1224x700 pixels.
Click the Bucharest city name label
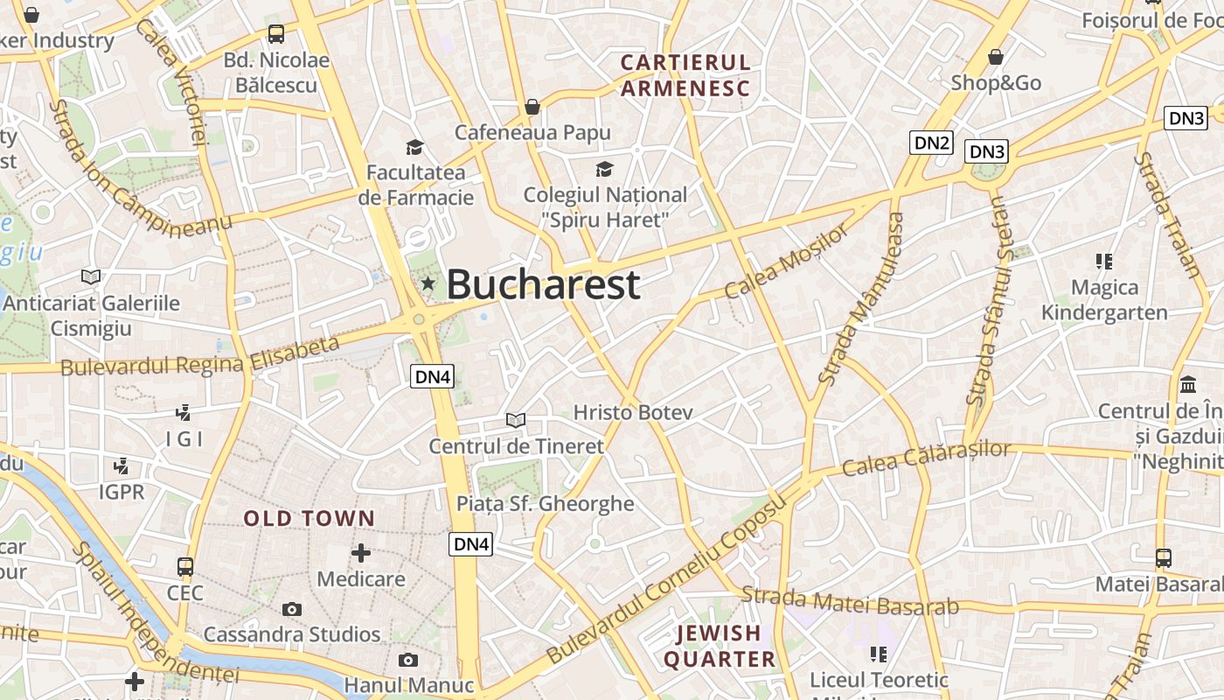(x=544, y=284)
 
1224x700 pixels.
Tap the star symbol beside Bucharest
(x=428, y=283)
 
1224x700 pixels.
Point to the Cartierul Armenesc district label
(x=685, y=75)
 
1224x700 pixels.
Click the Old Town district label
(x=309, y=519)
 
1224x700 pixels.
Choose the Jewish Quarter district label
(x=720, y=646)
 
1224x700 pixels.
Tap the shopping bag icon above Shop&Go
(x=995, y=58)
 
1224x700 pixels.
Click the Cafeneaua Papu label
(x=532, y=132)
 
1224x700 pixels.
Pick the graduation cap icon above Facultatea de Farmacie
(x=414, y=147)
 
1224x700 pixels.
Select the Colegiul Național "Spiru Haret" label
(x=605, y=206)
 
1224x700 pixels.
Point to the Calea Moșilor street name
(x=787, y=260)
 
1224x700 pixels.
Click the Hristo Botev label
(x=633, y=412)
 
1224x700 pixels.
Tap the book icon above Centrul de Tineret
(x=516, y=420)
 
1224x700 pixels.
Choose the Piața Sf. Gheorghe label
(x=546, y=503)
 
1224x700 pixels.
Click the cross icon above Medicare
(x=360, y=553)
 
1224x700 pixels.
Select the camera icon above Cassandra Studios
(x=292, y=609)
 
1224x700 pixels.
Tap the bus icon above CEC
(x=185, y=567)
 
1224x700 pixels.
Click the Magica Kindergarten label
(x=1104, y=300)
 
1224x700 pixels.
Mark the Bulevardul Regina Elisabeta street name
(x=200, y=356)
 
